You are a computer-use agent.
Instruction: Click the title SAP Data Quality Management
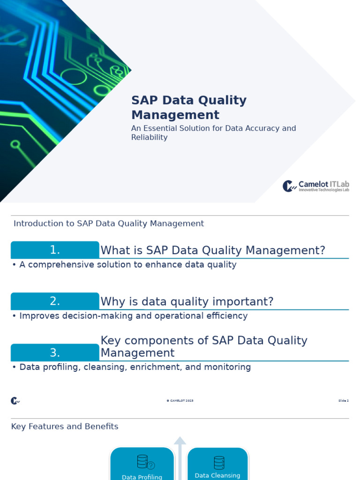point(188,107)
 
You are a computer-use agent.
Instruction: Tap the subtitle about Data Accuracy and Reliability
point(213,133)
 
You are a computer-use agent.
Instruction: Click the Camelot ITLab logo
point(315,186)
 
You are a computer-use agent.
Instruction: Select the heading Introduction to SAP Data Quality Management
point(109,224)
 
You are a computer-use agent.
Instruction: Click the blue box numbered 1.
point(55,250)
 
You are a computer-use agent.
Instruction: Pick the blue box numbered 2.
point(55,301)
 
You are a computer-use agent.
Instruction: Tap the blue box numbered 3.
point(55,352)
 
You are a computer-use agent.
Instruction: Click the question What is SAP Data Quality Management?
point(213,250)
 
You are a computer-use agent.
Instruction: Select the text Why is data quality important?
point(187,301)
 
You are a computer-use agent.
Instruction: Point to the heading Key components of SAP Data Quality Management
point(204,347)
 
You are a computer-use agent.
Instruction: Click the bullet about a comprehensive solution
point(124,265)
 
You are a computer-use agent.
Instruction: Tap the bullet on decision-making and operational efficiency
point(130,316)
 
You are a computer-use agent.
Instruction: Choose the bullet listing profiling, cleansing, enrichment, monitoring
point(132,367)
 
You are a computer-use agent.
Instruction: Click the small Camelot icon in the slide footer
point(15,401)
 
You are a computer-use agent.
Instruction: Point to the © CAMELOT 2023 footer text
point(180,401)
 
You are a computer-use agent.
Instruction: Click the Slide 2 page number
point(343,401)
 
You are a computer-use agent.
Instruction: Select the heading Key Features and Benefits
point(65,427)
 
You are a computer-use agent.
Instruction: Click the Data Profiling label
point(142,477)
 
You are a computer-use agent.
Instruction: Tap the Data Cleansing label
point(217,475)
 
